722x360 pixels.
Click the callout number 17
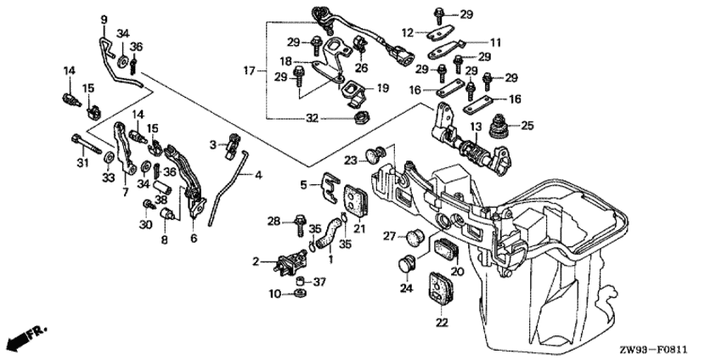[249, 71]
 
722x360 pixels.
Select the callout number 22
[440, 322]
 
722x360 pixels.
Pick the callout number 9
[104, 20]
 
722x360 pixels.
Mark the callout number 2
[254, 263]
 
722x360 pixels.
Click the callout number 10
[274, 294]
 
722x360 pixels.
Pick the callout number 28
[273, 222]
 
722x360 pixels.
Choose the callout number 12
[409, 32]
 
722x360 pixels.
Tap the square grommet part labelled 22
[439, 287]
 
